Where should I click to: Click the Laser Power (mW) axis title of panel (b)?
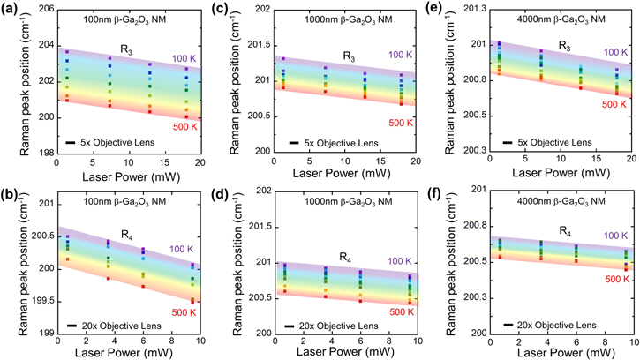[x=126, y=352]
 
